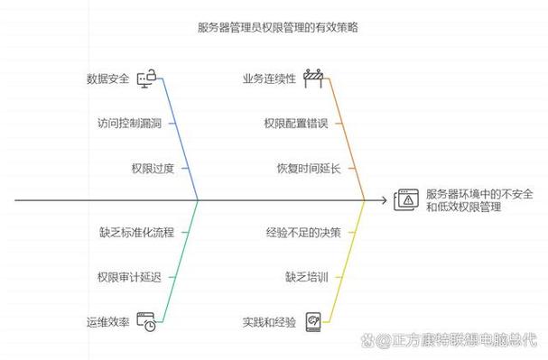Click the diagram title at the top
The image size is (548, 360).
tap(274, 28)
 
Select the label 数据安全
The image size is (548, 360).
tap(107, 78)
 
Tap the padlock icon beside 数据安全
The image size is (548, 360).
tap(146, 78)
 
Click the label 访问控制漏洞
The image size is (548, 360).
tap(129, 123)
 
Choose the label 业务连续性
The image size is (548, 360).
tap(268, 78)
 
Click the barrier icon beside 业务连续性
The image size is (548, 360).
tap(313, 78)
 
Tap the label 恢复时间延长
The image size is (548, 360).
tap(309, 168)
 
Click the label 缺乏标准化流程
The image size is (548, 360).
tap(136, 233)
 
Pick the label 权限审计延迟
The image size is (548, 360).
tap(129, 277)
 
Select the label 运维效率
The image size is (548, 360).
tap(107, 321)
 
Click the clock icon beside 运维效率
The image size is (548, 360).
tap(146, 321)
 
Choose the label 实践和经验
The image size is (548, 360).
tap(268, 321)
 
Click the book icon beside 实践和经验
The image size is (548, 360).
tap(313, 321)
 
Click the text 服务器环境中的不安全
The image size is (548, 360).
tap(478, 194)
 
